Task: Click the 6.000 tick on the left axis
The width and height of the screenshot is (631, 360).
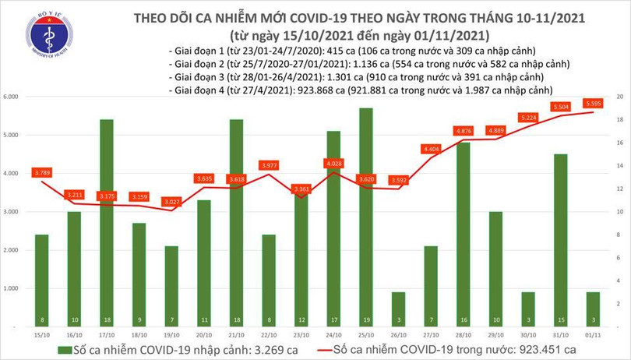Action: pos(11,97)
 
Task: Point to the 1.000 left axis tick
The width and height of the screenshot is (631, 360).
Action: pos(11,289)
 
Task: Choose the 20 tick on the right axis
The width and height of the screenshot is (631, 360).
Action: pos(619,97)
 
